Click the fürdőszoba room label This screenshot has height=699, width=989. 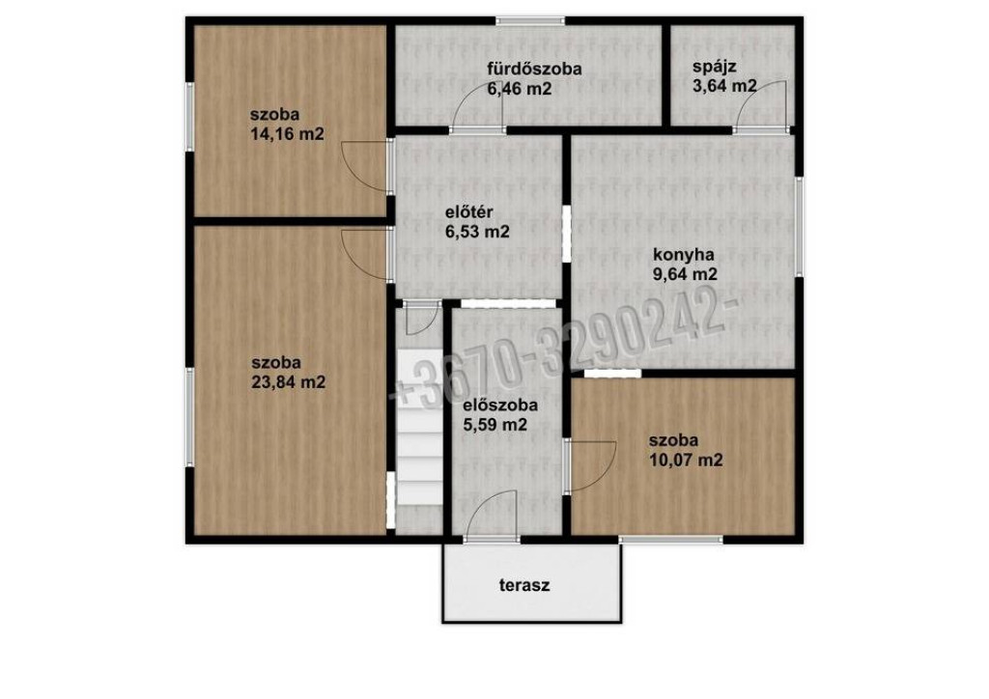click(x=533, y=69)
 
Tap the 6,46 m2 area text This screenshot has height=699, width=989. click(x=519, y=89)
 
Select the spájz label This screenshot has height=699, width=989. click(x=714, y=68)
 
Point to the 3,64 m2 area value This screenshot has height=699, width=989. click(x=724, y=86)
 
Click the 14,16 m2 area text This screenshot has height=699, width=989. click(x=287, y=133)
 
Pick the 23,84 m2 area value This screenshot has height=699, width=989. click(x=288, y=382)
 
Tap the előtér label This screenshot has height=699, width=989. click(x=469, y=212)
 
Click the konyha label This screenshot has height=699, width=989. click(x=684, y=255)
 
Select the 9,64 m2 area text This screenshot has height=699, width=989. click(x=685, y=275)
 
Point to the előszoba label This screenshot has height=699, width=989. click(x=500, y=405)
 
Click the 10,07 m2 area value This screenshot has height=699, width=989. click(x=686, y=461)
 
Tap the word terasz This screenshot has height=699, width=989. click(x=524, y=585)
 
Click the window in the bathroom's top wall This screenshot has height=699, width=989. click(x=530, y=21)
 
